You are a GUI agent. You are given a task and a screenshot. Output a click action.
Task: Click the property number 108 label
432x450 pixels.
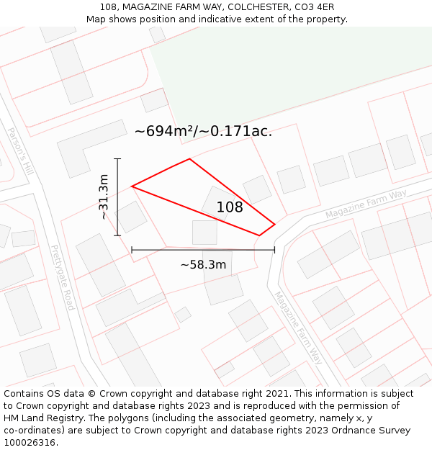[x=230, y=207]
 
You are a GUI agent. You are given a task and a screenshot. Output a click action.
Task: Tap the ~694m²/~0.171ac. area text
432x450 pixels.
[x=203, y=131]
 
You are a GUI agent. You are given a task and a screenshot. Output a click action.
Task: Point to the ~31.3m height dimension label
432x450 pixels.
[x=104, y=197]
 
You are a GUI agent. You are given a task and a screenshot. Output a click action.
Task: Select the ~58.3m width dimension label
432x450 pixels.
[x=203, y=264]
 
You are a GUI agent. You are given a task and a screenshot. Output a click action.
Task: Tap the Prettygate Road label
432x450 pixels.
[x=62, y=277]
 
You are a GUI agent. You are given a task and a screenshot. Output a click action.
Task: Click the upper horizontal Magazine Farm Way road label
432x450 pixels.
[x=366, y=204]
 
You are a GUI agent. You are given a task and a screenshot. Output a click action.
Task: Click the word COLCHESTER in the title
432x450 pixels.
[x=258, y=7]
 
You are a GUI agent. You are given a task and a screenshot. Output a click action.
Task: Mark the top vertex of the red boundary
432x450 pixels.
[x=189, y=159]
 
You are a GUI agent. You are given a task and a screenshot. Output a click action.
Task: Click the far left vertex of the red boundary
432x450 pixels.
[x=132, y=186]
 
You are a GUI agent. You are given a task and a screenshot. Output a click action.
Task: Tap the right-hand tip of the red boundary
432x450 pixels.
[x=274, y=224]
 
